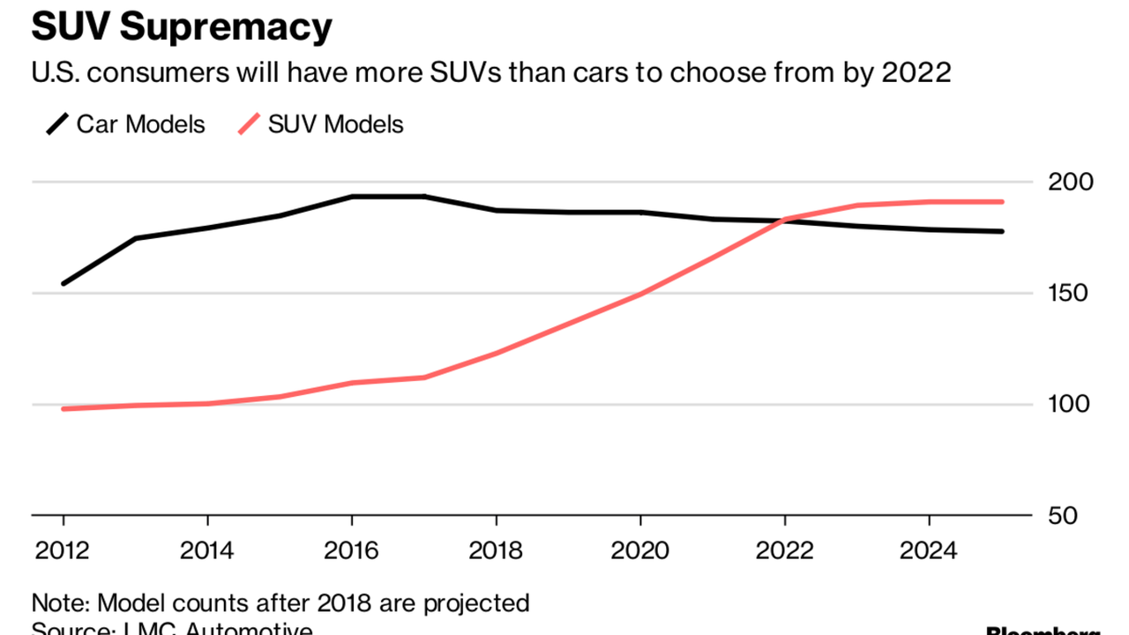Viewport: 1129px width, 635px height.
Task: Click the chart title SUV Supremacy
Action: tap(182, 27)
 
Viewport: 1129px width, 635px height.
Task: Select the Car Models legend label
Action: tap(140, 124)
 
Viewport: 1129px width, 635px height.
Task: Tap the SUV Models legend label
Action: tap(335, 124)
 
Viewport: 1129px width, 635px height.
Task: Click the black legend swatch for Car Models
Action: tap(57, 124)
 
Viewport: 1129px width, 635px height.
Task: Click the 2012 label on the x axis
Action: tap(64, 551)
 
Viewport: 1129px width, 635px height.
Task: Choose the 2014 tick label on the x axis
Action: tap(207, 551)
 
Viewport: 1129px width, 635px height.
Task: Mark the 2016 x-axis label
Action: tap(352, 551)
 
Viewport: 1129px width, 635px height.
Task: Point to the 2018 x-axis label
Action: tap(497, 551)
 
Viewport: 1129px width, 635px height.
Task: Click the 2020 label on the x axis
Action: tap(640, 551)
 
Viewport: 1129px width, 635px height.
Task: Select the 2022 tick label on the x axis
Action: tap(785, 551)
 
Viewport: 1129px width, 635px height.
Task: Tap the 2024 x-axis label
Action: tap(929, 551)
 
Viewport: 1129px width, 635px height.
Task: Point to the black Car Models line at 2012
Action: tap(64, 283)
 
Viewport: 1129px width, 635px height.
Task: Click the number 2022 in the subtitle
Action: tap(916, 72)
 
